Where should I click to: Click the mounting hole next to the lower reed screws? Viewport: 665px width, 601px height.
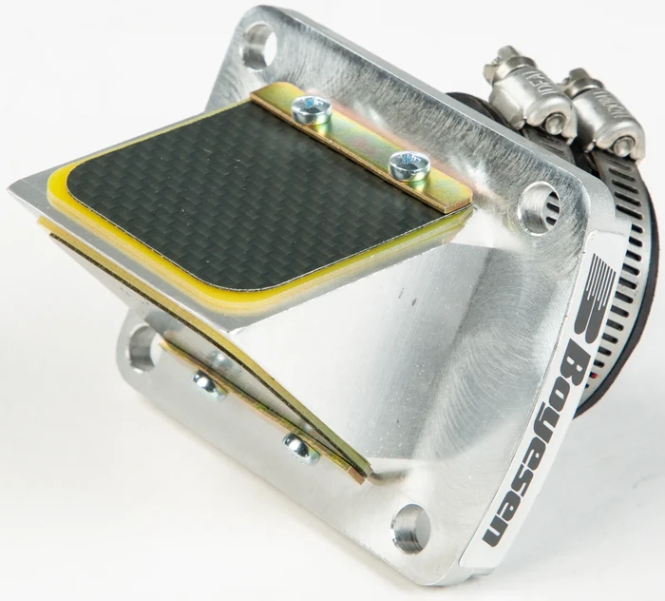tap(141, 346)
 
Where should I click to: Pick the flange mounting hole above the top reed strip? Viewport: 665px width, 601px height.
tap(256, 45)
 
